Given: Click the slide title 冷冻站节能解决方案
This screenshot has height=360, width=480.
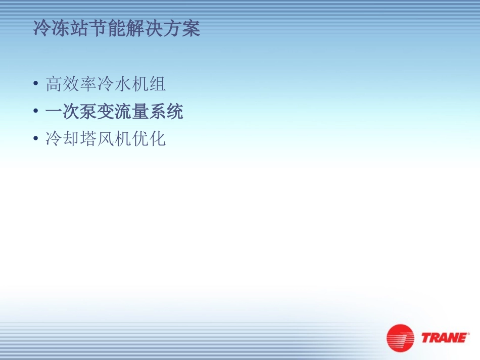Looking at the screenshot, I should tap(117, 29).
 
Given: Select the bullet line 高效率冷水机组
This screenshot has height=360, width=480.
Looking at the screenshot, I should tap(106, 84).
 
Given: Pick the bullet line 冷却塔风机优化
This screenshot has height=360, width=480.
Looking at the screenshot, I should tap(106, 138).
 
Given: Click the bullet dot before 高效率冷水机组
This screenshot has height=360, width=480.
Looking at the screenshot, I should tap(35, 84).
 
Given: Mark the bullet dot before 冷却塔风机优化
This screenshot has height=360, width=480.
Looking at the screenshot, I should tap(35, 138).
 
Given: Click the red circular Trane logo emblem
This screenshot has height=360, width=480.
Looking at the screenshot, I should tap(400, 338).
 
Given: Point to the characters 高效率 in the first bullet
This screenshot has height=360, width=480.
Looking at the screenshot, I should tap(71, 84).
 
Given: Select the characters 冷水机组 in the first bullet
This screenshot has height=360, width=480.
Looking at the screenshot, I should tap(131, 84).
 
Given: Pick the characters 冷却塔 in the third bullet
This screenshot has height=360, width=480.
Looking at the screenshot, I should tap(71, 138).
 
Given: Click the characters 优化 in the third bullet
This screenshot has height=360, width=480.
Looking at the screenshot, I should tap(149, 138).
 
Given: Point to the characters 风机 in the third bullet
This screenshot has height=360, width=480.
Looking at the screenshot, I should tap(114, 138).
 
